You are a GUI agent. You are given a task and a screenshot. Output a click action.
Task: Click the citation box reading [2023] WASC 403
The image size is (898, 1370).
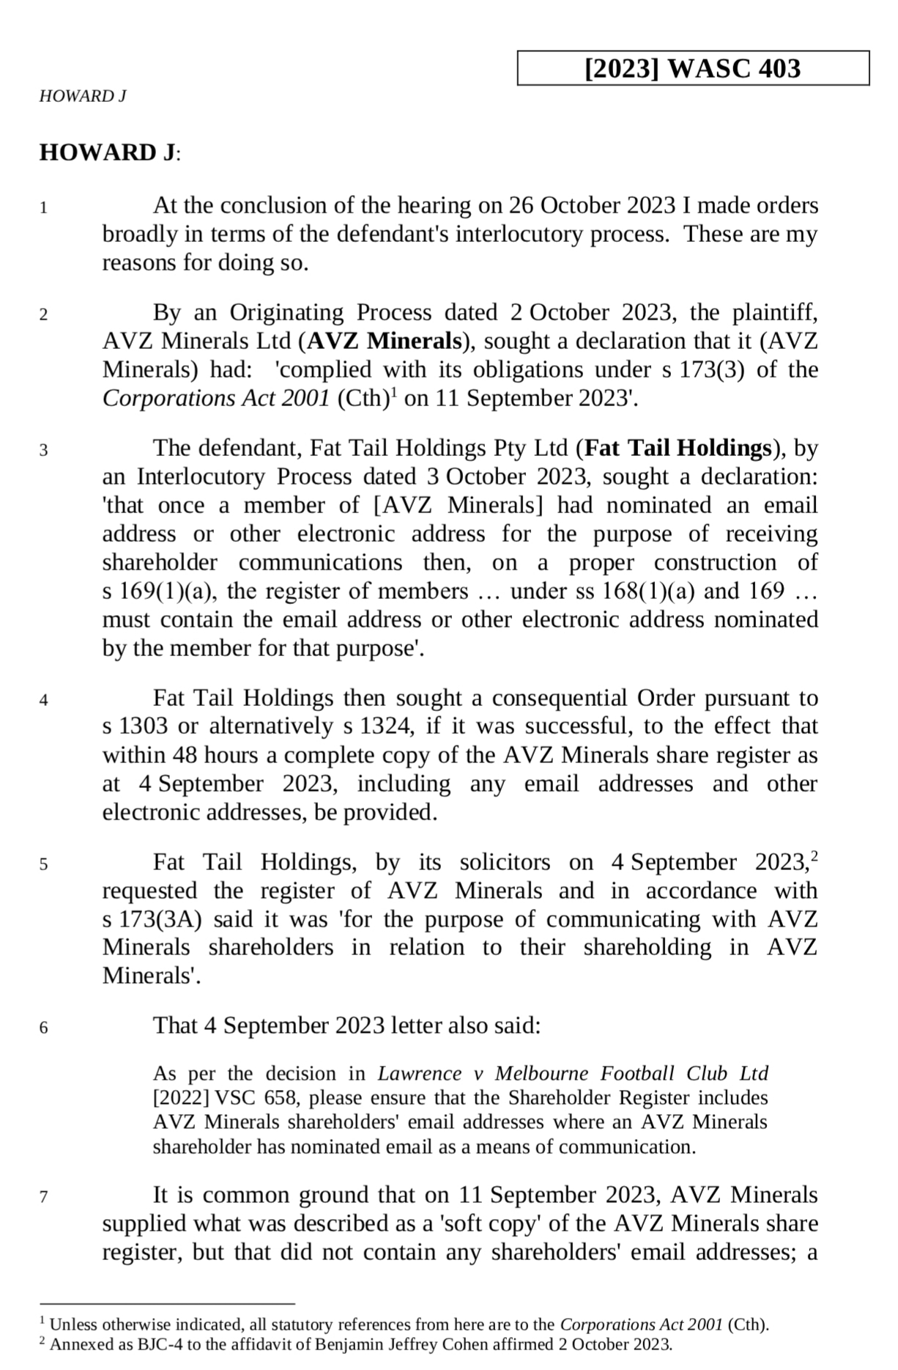(692, 68)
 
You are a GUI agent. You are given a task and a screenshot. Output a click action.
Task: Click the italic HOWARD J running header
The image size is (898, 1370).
(83, 96)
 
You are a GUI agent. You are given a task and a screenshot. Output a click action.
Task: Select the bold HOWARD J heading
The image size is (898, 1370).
(108, 152)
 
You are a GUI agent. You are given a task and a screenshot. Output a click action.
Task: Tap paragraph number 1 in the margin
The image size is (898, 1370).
(44, 208)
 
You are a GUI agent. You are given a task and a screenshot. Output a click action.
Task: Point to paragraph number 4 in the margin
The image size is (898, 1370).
(44, 700)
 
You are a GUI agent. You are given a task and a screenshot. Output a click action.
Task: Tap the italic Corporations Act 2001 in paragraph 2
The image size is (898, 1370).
(217, 399)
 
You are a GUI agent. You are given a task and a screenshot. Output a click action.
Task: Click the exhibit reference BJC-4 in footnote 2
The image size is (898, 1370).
(157, 1344)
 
